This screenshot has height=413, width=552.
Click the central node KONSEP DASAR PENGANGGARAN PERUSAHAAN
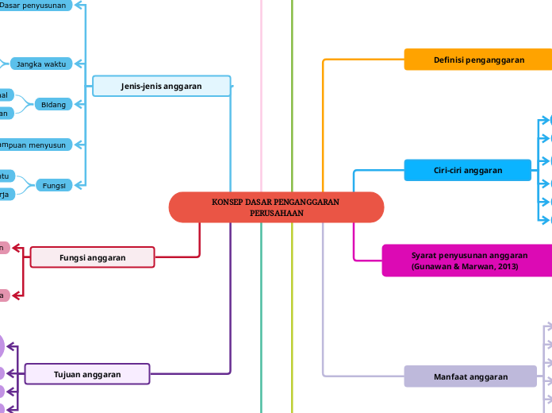(x=276, y=207)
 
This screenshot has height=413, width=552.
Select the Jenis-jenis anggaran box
(x=161, y=86)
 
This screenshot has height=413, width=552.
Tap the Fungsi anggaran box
(x=92, y=257)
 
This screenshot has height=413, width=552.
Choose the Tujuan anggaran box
(x=87, y=374)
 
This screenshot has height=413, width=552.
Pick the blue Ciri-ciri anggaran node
(x=467, y=170)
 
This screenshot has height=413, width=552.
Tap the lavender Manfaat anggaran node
(x=470, y=376)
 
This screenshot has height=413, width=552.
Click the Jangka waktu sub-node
(x=40, y=64)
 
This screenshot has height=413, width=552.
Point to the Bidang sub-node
(x=53, y=104)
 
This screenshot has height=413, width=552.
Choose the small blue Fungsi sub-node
(x=53, y=185)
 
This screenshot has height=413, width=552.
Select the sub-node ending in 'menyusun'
(x=36, y=145)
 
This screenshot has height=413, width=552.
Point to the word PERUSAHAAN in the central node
(x=276, y=214)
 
